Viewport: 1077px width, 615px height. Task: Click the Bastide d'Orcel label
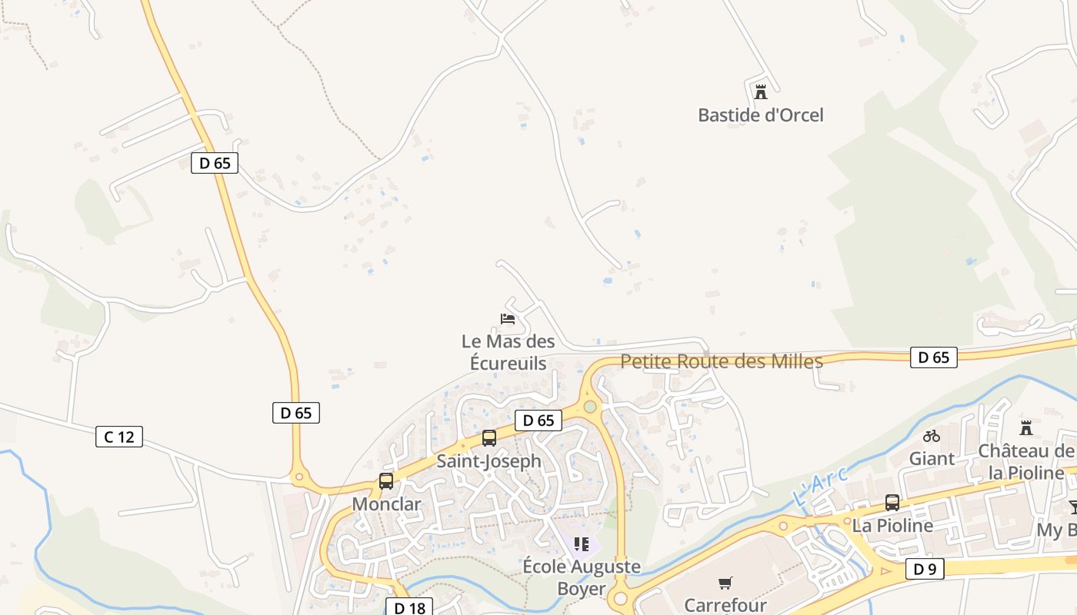click(760, 115)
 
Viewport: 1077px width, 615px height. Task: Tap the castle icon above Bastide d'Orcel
click(761, 92)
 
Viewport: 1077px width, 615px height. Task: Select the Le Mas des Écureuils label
click(508, 352)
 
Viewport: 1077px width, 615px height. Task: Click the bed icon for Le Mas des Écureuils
click(508, 318)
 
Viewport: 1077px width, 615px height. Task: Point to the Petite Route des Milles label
click(722, 361)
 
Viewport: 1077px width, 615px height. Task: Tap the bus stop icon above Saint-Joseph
click(489, 438)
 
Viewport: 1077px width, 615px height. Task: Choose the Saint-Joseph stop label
click(489, 461)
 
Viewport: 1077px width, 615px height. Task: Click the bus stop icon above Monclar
click(386, 481)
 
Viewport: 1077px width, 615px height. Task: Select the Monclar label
click(386, 504)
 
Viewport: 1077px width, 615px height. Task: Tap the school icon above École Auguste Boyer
click(582, 544)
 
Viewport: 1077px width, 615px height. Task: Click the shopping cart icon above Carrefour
click(725, 583)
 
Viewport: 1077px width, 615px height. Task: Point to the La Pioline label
click(892, 526)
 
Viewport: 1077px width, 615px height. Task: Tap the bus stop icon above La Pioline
click(892, 503)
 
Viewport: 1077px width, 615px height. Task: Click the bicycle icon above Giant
click(932, 436)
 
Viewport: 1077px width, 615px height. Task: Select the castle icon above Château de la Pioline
click(1025, 427)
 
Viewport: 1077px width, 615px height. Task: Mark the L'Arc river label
click(820, 487)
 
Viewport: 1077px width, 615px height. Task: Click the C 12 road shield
click(119, 437)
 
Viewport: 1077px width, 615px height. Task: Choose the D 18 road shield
click(409, 608)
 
